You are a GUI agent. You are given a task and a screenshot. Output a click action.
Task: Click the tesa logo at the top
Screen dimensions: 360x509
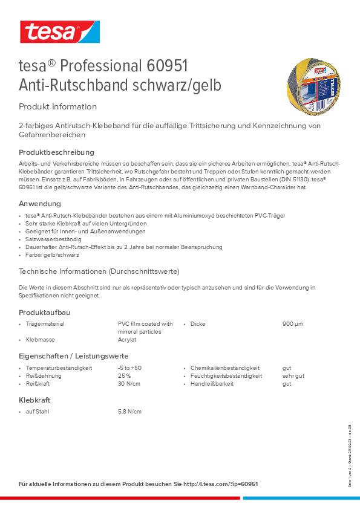(x=59, y=31)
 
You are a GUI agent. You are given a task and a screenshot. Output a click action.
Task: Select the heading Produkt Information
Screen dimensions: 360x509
(x=57, y=106)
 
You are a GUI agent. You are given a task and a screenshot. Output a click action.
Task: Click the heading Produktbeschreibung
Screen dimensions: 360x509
(x=56, y=152)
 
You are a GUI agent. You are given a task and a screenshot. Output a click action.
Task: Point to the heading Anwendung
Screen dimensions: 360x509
(x=40, y=204)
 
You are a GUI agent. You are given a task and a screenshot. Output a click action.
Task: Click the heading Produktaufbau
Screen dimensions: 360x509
(x=45, y=311)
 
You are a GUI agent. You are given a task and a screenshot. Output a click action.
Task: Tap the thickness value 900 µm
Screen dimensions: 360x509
(x=292, y=324)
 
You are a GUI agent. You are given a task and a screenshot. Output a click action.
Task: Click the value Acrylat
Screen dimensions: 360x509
(x=127, y=340)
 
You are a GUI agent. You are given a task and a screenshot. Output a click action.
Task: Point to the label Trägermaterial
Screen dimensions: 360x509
(x=45, y=324)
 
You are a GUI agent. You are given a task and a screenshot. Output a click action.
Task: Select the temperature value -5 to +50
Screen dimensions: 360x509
(x=129, y=368)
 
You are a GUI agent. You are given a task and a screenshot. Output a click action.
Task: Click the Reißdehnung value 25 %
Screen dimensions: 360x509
(x=125, y=375)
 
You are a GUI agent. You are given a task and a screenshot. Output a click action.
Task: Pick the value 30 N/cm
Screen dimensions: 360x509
(x=129, y=383)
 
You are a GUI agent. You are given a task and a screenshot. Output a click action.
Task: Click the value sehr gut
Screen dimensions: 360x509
(x=293, y=375)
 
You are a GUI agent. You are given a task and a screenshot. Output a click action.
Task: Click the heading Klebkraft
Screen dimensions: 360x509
(x=34, y=400)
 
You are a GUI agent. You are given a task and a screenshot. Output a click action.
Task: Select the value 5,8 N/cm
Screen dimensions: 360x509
(x=129, y=412)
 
